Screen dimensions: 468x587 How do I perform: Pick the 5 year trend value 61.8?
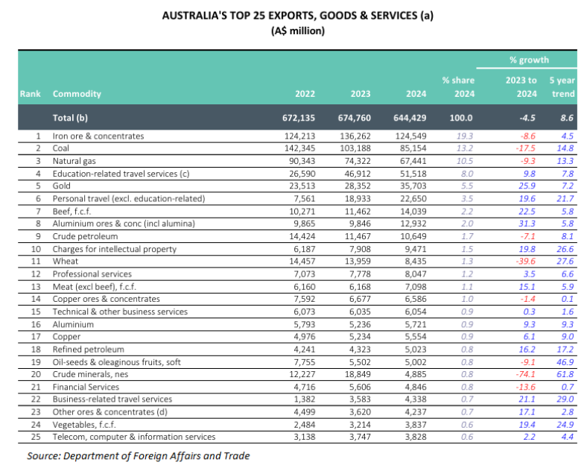tap(563, 374)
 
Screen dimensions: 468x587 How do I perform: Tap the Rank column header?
tap(30, 95)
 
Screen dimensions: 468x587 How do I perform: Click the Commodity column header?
tap(77, 95)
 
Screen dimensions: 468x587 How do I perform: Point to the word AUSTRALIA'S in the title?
tap(192, 15)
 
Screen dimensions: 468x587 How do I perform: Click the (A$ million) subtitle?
tap(293, 31)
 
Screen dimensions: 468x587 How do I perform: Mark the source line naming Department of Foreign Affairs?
tap(138, 455)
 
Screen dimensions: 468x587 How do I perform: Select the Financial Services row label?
tap(86, 387)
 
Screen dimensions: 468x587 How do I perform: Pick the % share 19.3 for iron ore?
tap(464, 136)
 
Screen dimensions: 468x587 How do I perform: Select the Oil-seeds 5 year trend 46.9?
tap(563, 361)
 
